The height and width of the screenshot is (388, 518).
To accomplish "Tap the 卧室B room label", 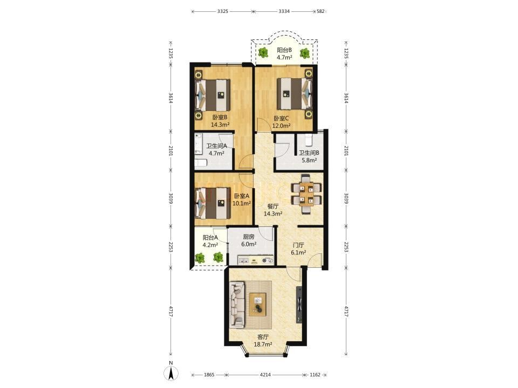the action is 220,117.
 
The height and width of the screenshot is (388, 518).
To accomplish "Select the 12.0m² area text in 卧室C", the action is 282,126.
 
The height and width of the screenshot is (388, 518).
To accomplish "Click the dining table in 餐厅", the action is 306,195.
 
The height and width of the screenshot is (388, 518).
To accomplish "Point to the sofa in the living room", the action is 237,305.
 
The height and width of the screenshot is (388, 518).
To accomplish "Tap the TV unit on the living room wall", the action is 299,304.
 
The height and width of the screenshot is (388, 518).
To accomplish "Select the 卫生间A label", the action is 217,146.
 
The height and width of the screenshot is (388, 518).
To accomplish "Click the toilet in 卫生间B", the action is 309,140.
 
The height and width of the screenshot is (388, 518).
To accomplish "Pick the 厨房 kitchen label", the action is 249,237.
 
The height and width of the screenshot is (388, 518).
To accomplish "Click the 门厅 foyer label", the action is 298,245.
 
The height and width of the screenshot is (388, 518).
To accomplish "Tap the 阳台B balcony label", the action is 284,50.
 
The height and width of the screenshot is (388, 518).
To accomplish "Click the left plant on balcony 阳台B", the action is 263,52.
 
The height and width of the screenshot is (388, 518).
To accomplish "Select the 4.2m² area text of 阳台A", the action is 210,245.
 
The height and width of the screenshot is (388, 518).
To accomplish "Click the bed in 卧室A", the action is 213,203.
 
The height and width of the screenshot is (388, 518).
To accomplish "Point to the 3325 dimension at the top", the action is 223,11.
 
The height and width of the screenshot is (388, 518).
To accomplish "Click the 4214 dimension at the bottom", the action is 265,375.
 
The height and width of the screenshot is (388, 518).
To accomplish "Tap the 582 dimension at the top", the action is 321,11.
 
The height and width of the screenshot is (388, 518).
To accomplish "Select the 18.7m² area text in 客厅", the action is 263,345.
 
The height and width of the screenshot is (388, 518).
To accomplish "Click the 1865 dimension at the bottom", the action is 209,375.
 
